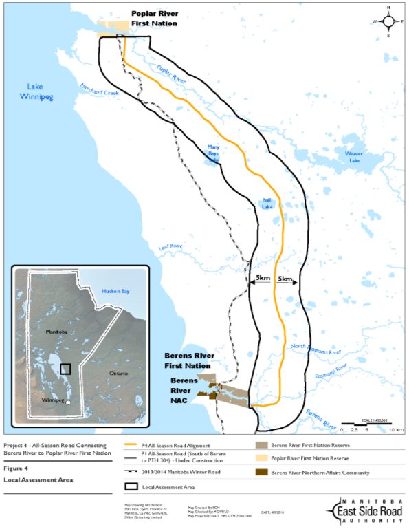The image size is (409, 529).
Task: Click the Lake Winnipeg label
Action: [39, 91]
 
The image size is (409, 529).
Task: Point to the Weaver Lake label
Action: [353, 156]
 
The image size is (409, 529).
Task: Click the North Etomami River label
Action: [316, 349]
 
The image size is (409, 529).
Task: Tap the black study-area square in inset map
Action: [65, 369]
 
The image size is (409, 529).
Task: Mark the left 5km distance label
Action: [263, 279]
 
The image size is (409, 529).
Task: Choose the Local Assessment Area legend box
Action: [131, 486]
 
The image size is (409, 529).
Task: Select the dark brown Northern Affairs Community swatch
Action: [256, 473]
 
